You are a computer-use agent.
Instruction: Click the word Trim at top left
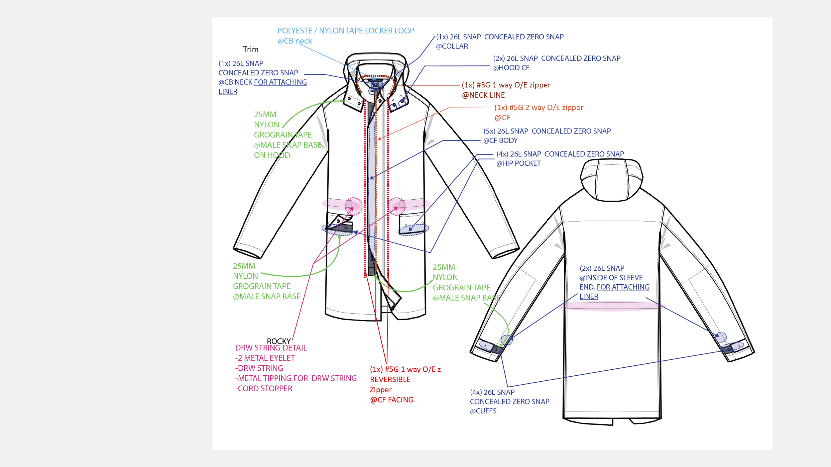[250, 49]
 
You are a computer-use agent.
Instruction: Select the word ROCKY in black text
[279, 341]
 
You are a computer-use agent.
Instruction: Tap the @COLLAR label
[452, 47]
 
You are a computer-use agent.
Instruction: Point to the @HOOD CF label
[511, 68]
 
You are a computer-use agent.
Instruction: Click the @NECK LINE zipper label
[483, 95]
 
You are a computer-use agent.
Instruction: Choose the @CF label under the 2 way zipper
[502, 118]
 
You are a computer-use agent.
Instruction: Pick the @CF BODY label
[500, 140]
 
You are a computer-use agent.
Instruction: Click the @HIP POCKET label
[518, 163]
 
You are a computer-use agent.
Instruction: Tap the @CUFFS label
[483, 411]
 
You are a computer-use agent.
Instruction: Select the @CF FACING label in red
[392, 400]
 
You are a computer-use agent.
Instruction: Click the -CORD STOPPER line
[264, 389]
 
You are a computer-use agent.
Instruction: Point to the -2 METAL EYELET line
[265, 358]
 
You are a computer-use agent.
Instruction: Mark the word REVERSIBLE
[390, 380]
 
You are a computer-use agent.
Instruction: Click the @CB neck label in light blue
[295, 41]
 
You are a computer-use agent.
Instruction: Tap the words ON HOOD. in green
[273, 155]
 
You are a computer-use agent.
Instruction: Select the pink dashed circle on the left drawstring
[353, 206]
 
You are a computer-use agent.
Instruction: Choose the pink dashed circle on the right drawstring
[397, 206]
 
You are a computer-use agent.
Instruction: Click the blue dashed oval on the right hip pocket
[414, 230]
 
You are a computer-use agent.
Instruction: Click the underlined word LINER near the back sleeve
[589, 296]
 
